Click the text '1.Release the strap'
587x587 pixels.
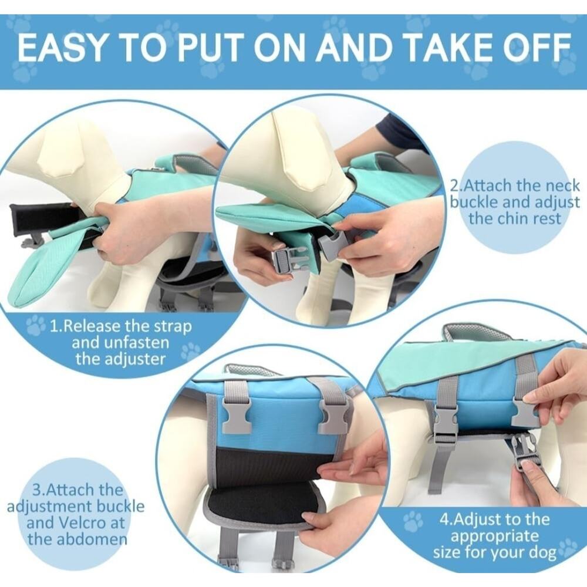click(x=120, y=326)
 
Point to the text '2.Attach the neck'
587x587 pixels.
click(x=514, y=185)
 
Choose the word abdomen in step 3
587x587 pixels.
click(x=93, y=539)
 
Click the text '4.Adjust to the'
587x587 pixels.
click(x=494, y=519)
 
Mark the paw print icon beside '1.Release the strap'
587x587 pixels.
click(x=36, y=325)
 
